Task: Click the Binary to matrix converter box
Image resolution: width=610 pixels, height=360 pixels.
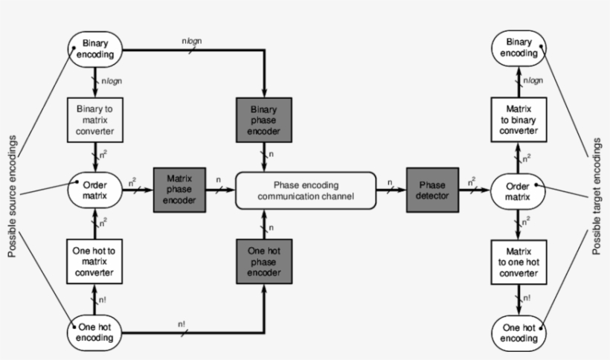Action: pos(95,120)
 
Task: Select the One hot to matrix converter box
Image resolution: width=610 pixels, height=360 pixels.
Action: pos(95,261)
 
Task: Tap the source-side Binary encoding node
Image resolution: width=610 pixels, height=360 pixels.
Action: pos(95,49)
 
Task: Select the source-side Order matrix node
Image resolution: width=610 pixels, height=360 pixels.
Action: pos(95,190)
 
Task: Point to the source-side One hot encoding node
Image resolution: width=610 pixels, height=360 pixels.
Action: pos(95,332)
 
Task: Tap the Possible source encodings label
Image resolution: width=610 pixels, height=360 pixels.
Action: pos(12,191)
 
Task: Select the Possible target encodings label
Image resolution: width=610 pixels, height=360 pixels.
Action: pos(597,190)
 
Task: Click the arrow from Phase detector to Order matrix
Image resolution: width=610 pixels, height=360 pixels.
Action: pos(473,190)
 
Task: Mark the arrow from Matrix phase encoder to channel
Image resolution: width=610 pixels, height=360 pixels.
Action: pos(219,190)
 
